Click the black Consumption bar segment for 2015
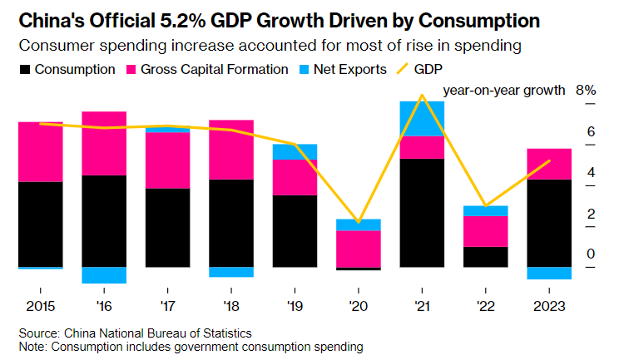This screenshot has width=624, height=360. pos(40,224)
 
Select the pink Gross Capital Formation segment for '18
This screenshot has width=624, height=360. pos(230,150)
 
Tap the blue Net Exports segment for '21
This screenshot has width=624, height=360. pos(422,118)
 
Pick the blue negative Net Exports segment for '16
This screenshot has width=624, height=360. pos(104,275)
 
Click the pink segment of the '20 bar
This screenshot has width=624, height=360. pos(358,249)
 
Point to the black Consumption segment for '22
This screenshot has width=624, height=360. pos(485,257)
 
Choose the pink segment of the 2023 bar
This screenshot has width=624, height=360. pos(549,164)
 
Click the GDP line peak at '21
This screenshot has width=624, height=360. pos(422,95)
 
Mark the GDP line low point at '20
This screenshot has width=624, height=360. pos(358,223)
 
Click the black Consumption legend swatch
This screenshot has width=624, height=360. pos(25,69)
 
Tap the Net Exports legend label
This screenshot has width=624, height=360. pos(349,69)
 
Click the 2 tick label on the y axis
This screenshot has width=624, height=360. pos(591,213)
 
